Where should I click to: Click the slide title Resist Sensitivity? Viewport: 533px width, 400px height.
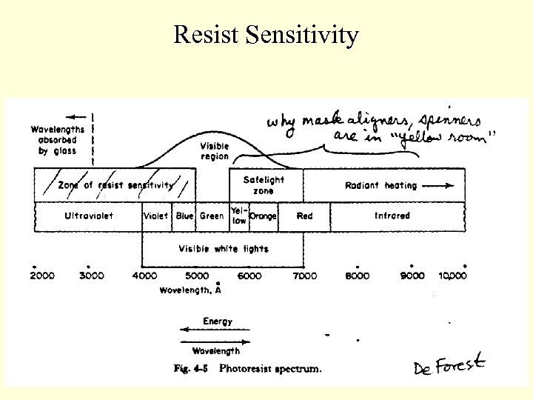point(266,34)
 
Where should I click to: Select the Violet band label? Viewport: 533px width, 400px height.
point(156,216)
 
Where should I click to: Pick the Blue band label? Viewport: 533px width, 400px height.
point(184,216)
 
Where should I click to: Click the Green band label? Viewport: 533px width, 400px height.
point(212,216)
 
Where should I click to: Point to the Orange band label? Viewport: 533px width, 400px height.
point(264,216)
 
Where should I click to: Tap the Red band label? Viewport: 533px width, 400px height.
point(304,216)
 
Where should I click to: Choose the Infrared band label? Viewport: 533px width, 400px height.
point(392,216)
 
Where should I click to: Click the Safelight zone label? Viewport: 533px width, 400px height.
point(264,185)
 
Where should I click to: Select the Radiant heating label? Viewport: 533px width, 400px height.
point(381,186)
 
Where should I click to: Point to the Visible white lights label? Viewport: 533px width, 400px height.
point(223,249)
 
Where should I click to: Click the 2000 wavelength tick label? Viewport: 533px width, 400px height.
point(42,276)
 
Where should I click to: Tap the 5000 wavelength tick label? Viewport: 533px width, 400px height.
point(196,276)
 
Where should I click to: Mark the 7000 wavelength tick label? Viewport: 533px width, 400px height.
point(304,276)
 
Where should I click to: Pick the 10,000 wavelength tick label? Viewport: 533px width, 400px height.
point(452,276)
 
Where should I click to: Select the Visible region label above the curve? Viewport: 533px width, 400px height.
point(215,151)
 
